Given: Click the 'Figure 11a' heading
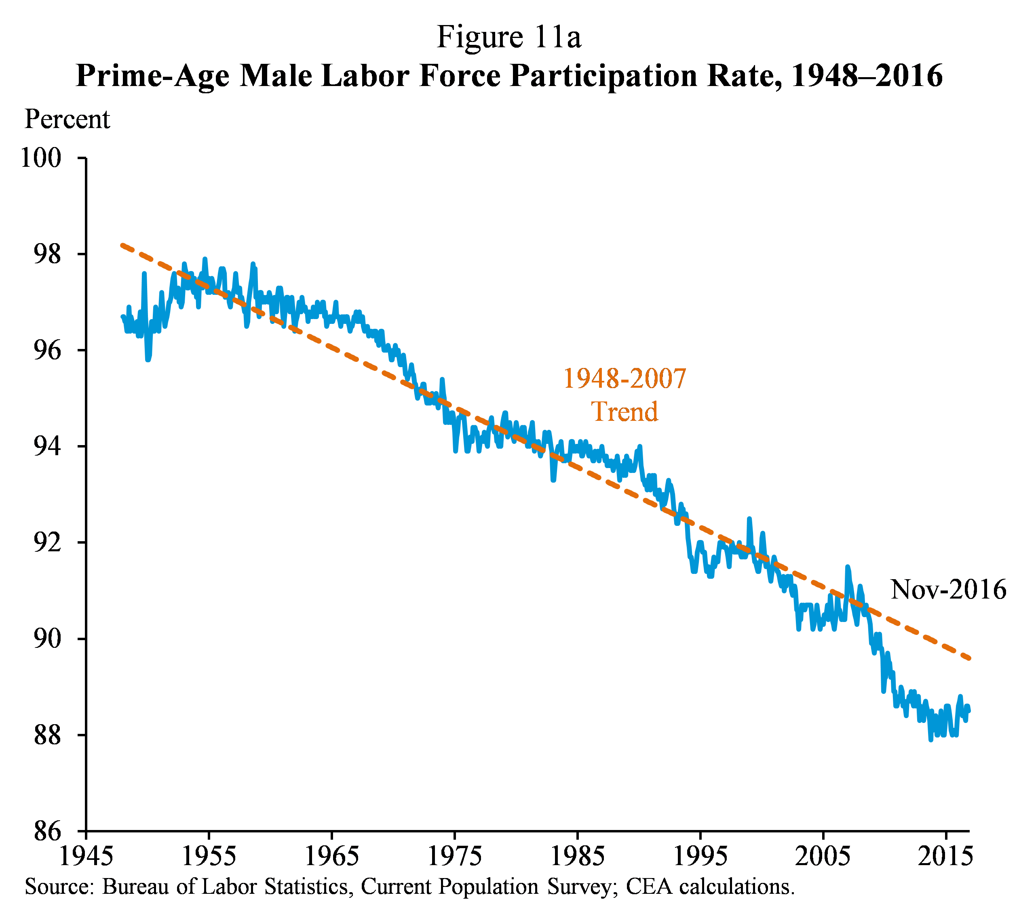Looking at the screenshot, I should pos(508,37).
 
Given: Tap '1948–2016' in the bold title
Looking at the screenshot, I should pos(866,76).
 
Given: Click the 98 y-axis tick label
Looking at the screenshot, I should pos(47,254).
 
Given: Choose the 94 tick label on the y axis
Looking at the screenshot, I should pos(47,446).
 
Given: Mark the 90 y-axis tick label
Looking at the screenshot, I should pos(47,638).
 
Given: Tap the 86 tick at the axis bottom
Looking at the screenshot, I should pos(47,831).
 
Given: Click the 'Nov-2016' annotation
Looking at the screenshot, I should pos(948,589).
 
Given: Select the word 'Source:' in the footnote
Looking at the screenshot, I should pos(59,887).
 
